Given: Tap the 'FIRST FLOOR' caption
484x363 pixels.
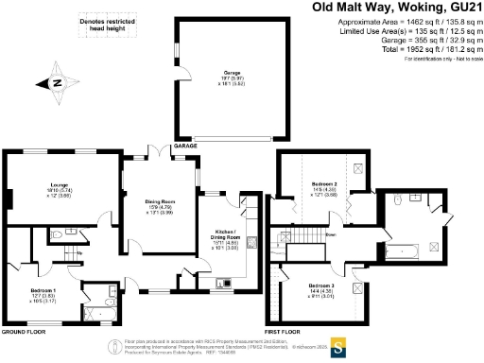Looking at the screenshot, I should point(287,333).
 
